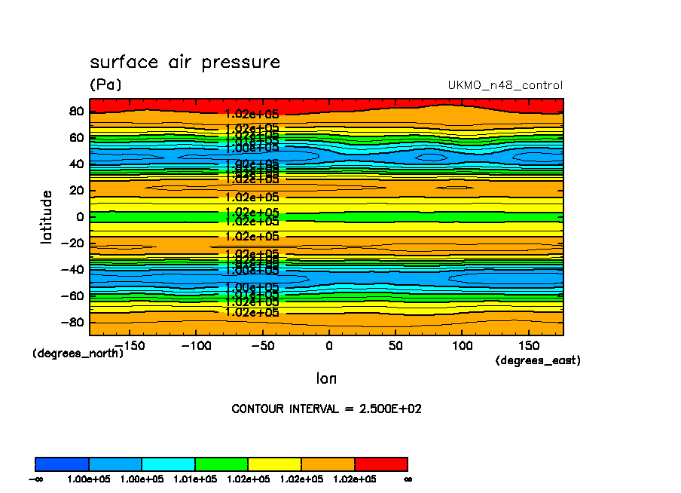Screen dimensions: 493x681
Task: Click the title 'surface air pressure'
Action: tap(185, 63)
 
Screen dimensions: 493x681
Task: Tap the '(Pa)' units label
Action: tap(105, 84)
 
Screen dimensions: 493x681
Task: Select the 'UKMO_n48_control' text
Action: tap(505, 85)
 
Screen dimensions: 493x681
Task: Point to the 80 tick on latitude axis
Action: tap(74, 111)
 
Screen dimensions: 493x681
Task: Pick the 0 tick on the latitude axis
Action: tap(78, 216)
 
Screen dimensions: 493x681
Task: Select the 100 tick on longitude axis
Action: tap(463, 345)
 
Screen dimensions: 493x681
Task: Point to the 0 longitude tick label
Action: tap(329, 345)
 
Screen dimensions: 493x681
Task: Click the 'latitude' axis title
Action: tap(47, 216)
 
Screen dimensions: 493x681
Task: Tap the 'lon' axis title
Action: tap(326, 378)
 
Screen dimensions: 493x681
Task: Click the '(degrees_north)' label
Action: tap(78, 353)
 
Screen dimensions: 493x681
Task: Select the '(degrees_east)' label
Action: tap(538, 360)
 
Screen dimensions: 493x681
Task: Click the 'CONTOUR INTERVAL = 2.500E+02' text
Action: tap(327, 409)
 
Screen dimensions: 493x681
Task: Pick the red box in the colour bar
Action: tap(380, 464)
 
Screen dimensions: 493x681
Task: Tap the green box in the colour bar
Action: tap(221, 464)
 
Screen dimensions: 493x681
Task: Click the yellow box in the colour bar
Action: tap(274, 464)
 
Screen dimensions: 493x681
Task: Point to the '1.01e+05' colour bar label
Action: tap(194, 479)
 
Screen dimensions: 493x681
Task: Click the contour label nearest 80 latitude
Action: tap(252, 114)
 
